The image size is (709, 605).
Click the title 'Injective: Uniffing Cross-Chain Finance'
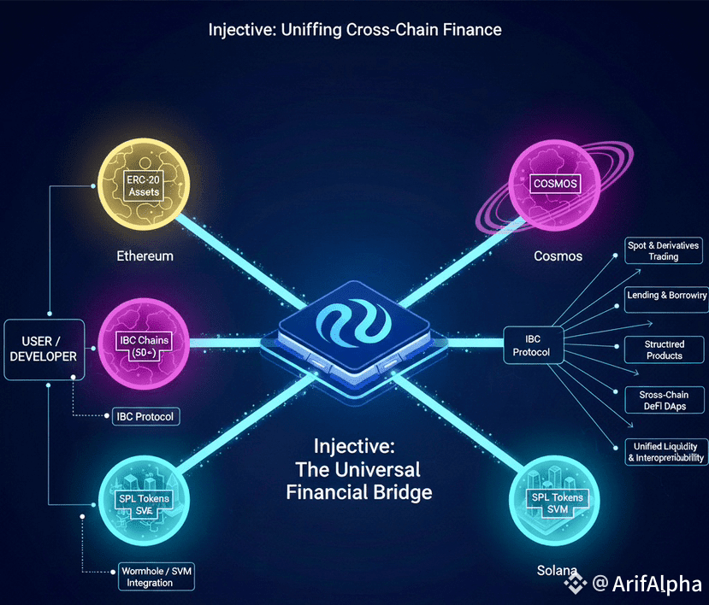(x=354, y=29)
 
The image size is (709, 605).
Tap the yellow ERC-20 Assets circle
(x=145, y=184)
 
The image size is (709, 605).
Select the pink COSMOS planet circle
(x=555, y=183)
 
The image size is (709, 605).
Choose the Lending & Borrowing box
(x=666, y=295)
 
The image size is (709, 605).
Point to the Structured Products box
(x=664, y=349)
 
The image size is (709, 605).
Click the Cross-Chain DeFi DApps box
(x=664, y=401)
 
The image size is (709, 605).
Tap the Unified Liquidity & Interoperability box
(x=665, y=452)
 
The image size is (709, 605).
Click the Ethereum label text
(x=145, y=256)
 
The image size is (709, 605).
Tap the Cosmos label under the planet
(x=557, y=256)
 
